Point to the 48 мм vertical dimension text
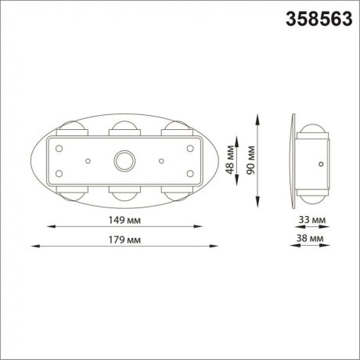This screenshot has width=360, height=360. tap(230, 160)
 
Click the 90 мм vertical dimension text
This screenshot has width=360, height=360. tap(250, 160)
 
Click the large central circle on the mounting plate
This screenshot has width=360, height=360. tap(124, 160)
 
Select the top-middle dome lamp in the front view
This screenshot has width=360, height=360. tap(124, 127)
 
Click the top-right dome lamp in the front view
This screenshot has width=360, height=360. tap(174, 128)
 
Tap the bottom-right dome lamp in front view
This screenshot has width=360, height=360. tap(174, 193)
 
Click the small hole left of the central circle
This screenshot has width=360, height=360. tap(88, 160)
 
